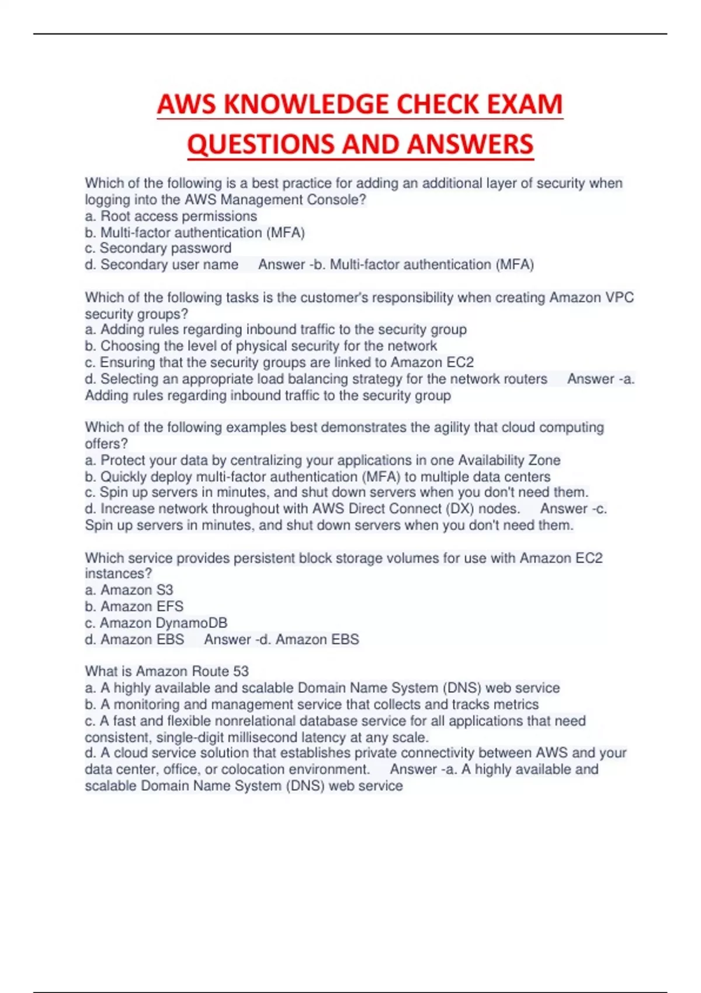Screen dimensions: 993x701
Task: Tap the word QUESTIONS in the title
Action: pos(262,144)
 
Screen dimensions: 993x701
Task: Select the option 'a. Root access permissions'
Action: pos(171,216)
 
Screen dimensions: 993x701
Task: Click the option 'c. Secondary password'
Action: pos(158,248)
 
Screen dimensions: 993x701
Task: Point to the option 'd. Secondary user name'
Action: pos(161,265)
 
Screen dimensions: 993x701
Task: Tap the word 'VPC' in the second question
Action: pos(619,297)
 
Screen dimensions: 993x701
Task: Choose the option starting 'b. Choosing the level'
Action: pos(261,346)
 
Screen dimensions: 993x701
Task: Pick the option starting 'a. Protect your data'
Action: pos(322,460)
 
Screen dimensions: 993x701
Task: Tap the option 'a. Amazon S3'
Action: pos(129,590)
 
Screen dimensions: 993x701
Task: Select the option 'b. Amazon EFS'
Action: pos(134,606)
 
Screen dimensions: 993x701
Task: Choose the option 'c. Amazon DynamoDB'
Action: pos(156,623)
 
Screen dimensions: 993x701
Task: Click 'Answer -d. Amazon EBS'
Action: pos(282,640)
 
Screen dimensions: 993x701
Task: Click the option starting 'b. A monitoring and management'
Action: pos(311,704)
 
